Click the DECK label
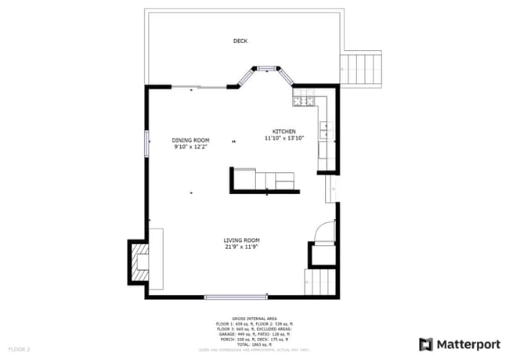coord(240,41)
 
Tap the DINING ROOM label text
coord(190,140)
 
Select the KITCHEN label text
coord(283,131)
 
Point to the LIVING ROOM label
coord(241,240)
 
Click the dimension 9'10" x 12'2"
coord(190,146)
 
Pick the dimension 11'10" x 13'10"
coord(283,138)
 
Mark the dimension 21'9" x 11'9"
coord(241,247)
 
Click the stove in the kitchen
coord(303,99)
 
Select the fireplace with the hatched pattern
coord(139,261)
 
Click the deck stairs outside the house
coord(361,69)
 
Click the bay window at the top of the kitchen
coord(267,69)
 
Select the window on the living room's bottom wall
coord(236,297)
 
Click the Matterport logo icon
coord(426,344)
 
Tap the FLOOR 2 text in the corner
coord(19,348)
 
